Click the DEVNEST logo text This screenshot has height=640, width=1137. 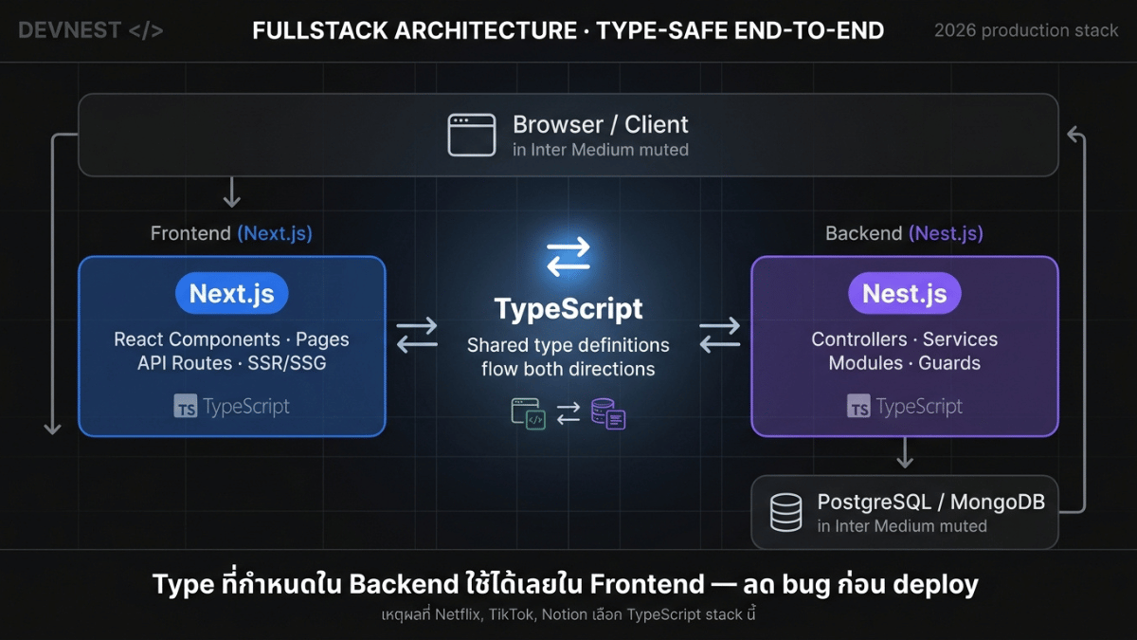pyautogui.click(x=90, y=30)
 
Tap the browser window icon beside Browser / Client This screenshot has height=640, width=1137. pyautogui.click(x=472, y=135)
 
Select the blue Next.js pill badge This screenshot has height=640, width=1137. pyautogui.click(x=231, y=294)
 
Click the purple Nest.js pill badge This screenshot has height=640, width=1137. pyautogui.click(x=905, y=294)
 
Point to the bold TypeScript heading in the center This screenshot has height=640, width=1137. pyautogui.click(x=568, y=309)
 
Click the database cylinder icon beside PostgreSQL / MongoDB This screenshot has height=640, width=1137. pyautogui.click(x=785, y=512)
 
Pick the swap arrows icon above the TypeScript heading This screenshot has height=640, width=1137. pyautogui.click(x=568, y=257)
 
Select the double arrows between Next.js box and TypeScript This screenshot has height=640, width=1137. pyautogui.click(x=417, y=336)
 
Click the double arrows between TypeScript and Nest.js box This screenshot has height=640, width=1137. pyautogui.click(x=720, y=336)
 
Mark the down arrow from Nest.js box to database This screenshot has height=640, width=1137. pyautogui.click(x=905, y=452)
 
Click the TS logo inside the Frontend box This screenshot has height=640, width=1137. pyautogui.click(x=186, y=407)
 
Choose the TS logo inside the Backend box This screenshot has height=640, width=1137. pyautogui.click(x=858, y=407)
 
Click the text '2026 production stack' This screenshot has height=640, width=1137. pyautogui.click(x=1026, y=30)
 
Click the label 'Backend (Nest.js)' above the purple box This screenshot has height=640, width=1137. pyautogui.click(x=904, y=233)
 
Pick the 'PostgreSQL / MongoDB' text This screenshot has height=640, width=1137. pyautogui.click(x=930, y=502)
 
